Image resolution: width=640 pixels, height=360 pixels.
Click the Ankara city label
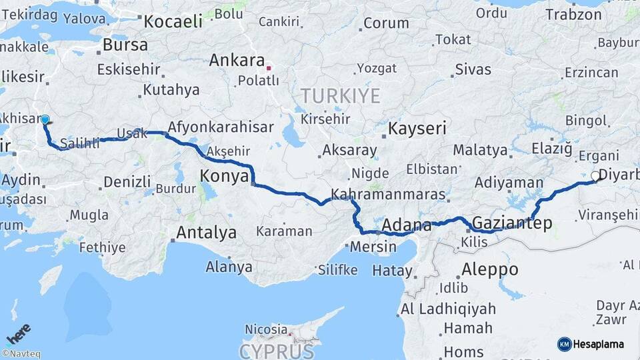click(x=237, y=61)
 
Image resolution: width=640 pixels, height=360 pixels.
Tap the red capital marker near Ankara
click(x=269, y=68)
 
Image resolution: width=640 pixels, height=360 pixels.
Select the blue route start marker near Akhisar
click(x=45, y=120)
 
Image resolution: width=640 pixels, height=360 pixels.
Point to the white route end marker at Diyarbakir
click(x=595, y=177)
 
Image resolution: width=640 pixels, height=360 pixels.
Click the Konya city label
click(x=223, y=176)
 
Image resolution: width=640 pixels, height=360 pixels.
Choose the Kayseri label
click(x=417, y=128)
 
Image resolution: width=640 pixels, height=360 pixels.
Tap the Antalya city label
click(x=206, y=233)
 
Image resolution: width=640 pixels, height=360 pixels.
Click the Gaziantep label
click(x=512, y=223)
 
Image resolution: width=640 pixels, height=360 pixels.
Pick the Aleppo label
click(x=489, y=269)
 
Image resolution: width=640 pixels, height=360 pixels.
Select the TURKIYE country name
click(x=340, y=95)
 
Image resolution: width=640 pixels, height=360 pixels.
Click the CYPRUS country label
click(x=276, y=351)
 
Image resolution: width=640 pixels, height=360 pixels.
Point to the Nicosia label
click(x=266, y=329)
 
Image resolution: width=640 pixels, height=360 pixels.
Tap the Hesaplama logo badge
click(x=590, y=344)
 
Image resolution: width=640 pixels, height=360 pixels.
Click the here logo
click(x=19, y=333)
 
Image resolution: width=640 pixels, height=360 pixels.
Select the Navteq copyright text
click(x=21, y=354)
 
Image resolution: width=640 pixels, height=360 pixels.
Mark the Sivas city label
click(x=473, y=69)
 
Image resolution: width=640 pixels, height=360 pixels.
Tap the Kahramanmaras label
click(x=388, y=195)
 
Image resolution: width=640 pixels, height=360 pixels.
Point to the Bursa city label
click(x=125, y=45)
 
